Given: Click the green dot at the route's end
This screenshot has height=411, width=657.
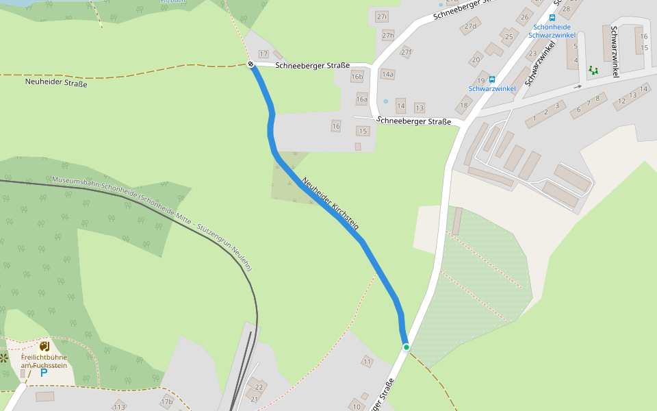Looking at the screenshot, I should (x=406, y=347).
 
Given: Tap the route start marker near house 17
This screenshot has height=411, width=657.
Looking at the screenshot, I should (x=251, y=64).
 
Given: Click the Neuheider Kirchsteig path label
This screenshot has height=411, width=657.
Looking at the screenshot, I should (x=330, y=203).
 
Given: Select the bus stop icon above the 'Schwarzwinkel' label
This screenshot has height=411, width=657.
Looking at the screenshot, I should (x=492, y=79).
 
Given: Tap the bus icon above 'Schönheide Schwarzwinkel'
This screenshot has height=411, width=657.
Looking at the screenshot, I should (x=552, y=18).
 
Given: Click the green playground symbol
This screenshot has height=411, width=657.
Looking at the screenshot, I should (x=593, y=70).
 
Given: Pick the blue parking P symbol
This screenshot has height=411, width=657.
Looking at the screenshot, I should (x=44, y=372).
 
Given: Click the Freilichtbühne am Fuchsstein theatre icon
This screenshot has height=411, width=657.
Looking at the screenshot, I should (x=44, y=347).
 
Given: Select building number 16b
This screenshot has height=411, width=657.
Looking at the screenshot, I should (x=357, y=77).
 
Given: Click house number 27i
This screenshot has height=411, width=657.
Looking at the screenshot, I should (x=382, y=16).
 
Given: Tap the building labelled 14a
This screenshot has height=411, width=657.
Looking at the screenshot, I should (x=388, y=74).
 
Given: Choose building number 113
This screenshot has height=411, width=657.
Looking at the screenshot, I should (x=120, y=406).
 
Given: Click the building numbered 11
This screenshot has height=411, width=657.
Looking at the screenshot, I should (x=368, y=361).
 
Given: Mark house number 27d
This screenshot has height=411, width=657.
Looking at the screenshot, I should (x=470, y=27).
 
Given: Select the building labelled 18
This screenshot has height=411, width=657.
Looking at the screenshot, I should (x=465, y=105).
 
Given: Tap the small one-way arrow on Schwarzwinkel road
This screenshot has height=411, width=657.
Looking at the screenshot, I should (x=578, y=87).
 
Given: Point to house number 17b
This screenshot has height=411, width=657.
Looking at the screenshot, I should (x=166, y=401).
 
